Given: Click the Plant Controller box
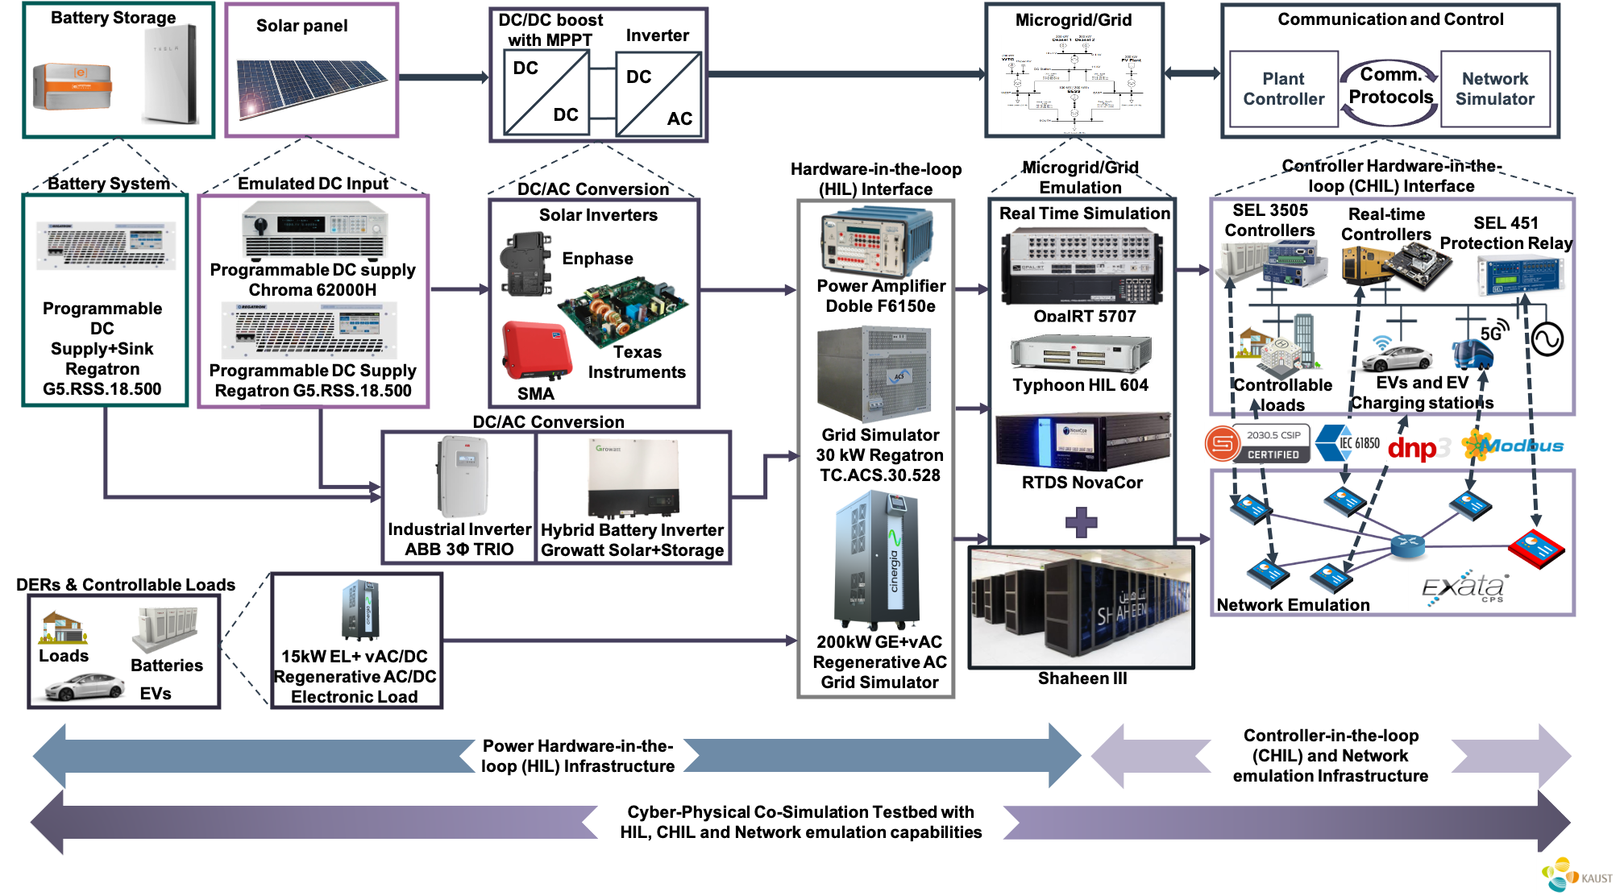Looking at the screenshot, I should tap(1283, 89).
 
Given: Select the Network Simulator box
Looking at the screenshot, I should tap(1494, 89).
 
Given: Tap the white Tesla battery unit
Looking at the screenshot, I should tap(170, 73).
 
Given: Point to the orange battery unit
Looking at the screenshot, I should tap(73, 85).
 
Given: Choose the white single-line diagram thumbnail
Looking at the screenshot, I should tap(1072, 84).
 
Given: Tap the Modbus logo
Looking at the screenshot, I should tap(1513, 445).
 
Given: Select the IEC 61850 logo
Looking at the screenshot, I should tap(1348, 442).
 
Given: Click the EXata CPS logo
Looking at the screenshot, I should tap(1464, 588).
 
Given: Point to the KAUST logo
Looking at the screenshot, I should tap(1577, 874).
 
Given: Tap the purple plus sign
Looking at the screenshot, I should tap(1081, 523).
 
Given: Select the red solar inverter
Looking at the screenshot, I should tap(536, 349).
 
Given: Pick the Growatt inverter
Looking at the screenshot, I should tap(633, 478).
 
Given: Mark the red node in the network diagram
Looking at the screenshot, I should tap(1536, 548).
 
